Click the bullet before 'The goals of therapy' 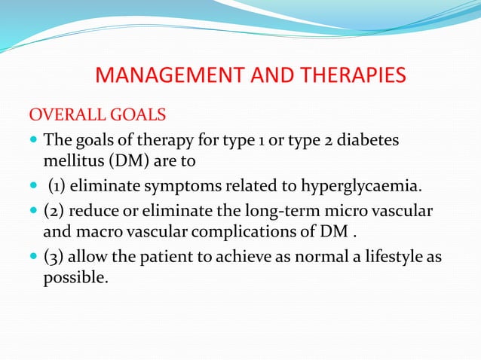pos(33,141)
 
